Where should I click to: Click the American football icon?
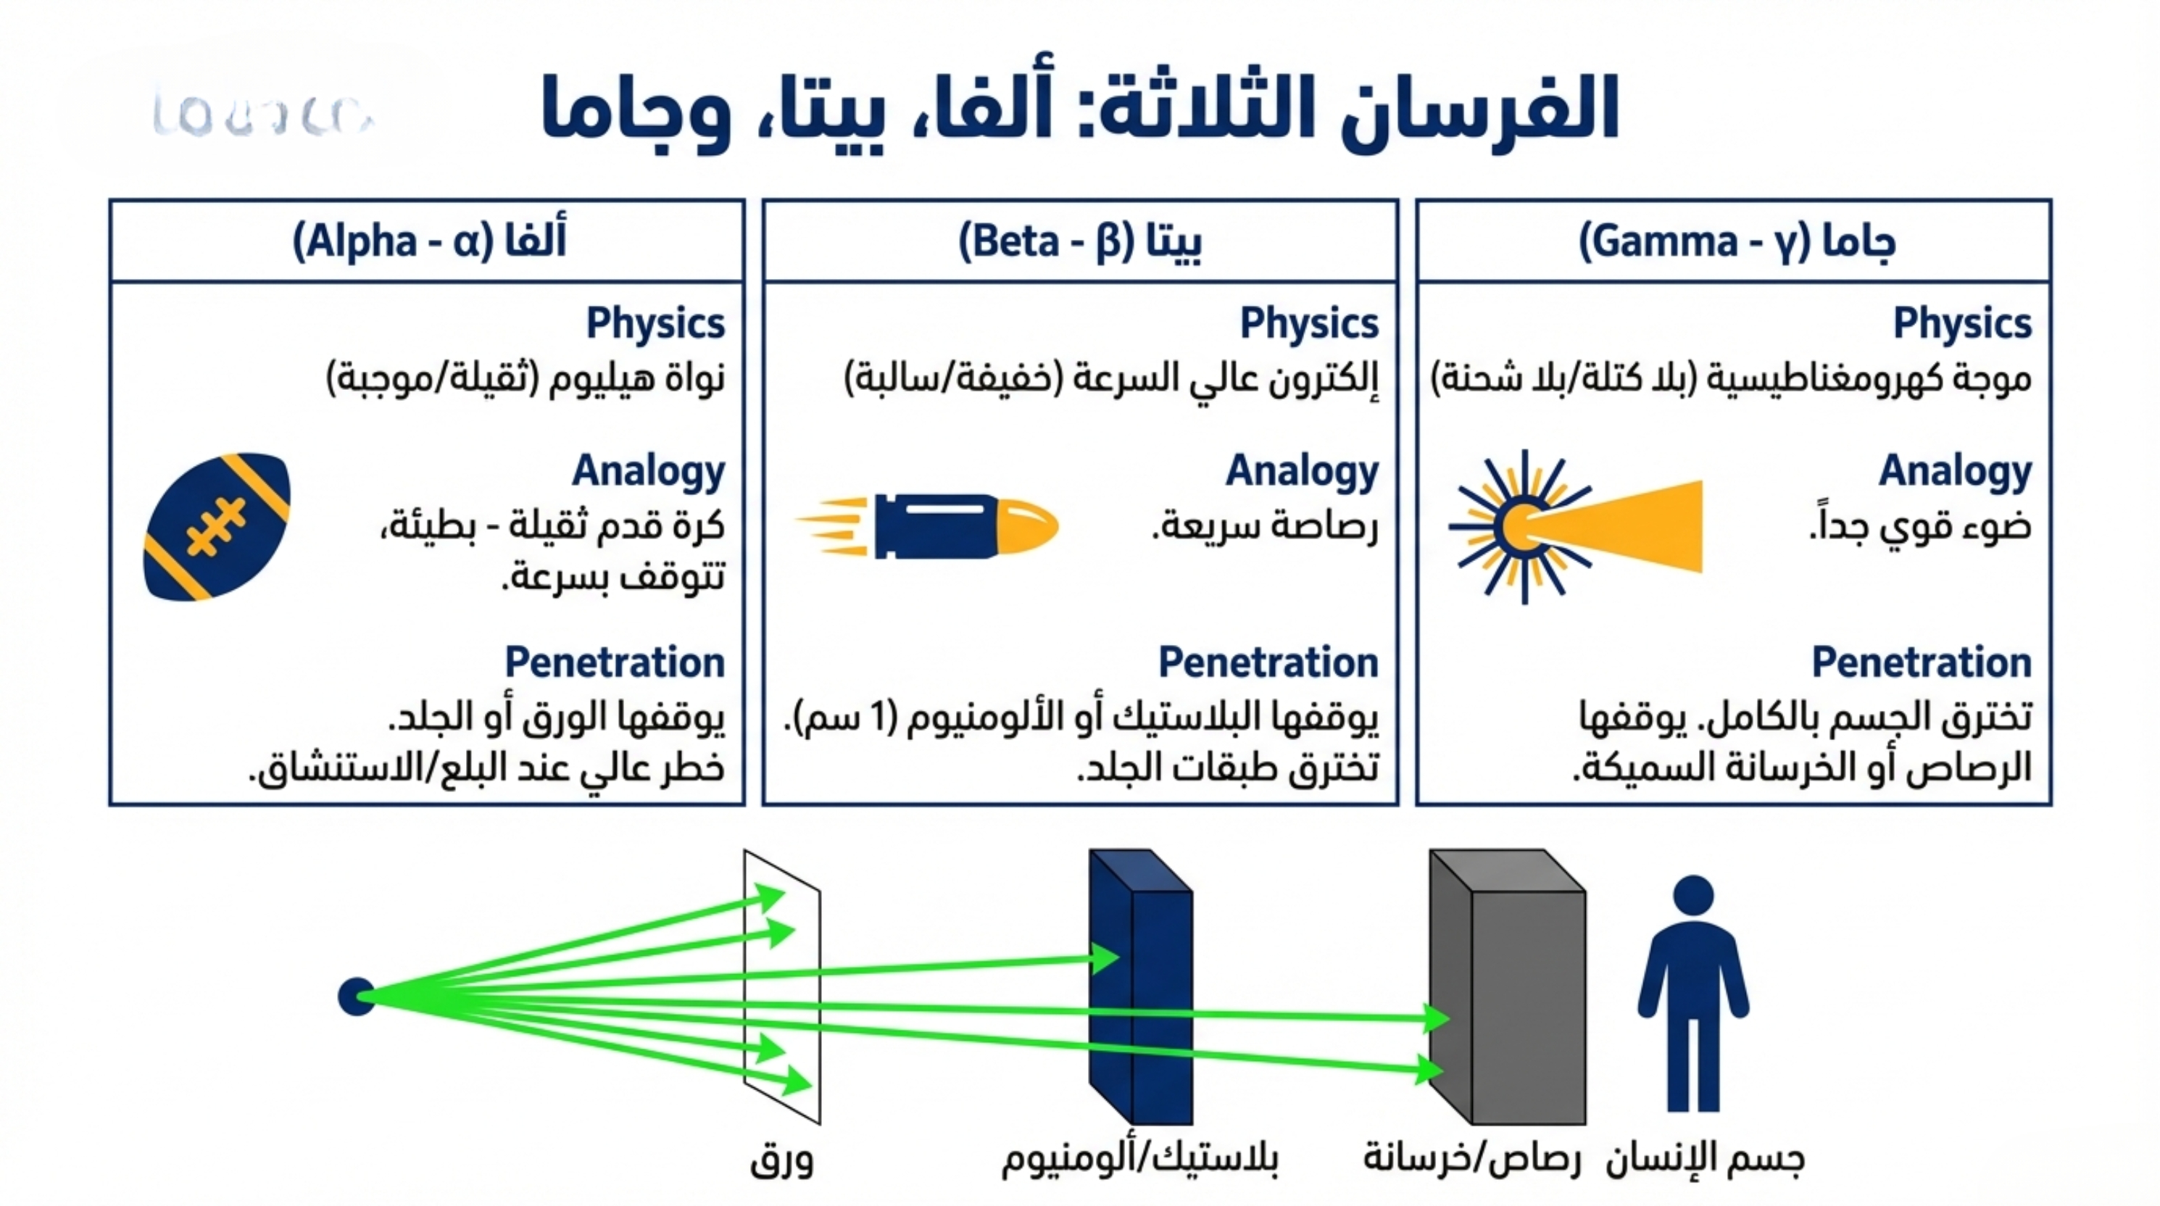tap(217, 527)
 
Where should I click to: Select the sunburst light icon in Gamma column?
tap(1522, 527)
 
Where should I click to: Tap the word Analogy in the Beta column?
tap(1303, 470)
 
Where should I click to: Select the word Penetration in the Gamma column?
tap(1921, 662)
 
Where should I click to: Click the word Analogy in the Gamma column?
tap(1955, 470)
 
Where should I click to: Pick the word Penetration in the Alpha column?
tap(615, 662)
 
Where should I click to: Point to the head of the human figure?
tap(1693, 896)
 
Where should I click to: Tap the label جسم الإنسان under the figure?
tap(1705, 1159)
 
